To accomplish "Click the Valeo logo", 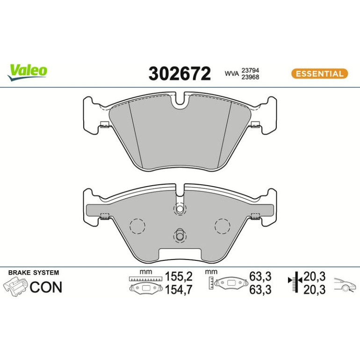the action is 27,72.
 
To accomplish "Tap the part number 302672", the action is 180,73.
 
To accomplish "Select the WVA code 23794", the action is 250,70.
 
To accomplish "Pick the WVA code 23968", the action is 250,77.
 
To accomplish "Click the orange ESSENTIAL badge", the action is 319,74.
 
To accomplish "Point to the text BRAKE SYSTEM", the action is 34,273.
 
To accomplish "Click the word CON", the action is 46,287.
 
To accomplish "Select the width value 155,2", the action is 179,276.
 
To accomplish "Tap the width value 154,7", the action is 179,290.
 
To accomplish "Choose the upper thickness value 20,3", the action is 314,276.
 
